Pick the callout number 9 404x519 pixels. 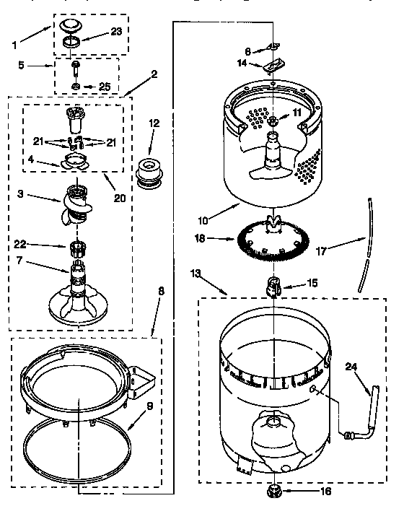click(x=150, y=406)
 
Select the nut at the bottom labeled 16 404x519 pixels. click(x=273, y=491)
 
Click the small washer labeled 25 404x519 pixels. click(x=75, y=87)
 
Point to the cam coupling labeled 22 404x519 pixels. click(x=76, y=249)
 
